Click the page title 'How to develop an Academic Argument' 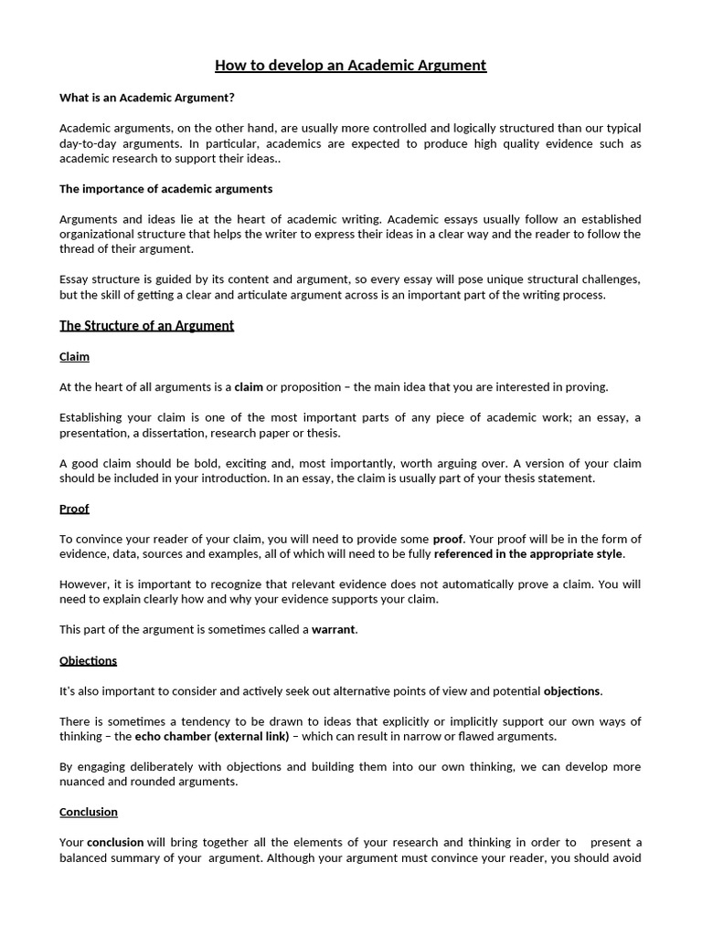tap(350, 65)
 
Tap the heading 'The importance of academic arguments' tap(165, 189)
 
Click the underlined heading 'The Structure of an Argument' tap(146, 325)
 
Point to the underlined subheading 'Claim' tap(74, 356)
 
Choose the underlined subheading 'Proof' tap(74, 508)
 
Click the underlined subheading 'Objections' tap(88, 660)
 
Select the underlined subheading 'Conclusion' tap(89, 812)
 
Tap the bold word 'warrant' tap(334, 630)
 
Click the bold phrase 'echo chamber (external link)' tap(212, 736)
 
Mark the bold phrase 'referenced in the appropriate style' tap(528, 553)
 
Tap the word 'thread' tap(76, 249)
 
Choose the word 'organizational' tap(99, 234)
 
